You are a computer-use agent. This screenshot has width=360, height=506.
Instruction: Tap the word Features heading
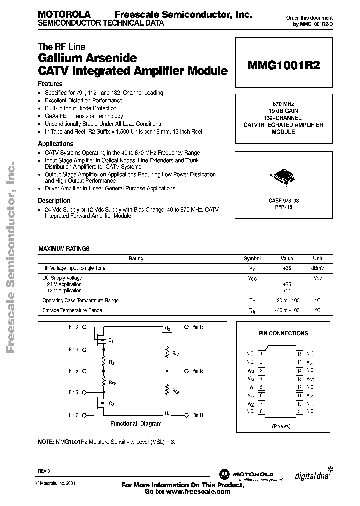tap(50, 84)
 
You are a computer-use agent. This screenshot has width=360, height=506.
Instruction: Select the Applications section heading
tap(56, 144)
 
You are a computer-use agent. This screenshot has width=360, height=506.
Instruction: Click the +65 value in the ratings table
tap(287, 268)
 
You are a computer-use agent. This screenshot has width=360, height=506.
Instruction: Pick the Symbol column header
tap(252, 259)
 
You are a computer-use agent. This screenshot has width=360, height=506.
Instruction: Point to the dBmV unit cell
tap(317, 268)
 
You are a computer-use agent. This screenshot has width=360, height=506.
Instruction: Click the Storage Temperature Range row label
tap(72, 310)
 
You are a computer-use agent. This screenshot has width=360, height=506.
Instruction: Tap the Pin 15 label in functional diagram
tap(197, 327)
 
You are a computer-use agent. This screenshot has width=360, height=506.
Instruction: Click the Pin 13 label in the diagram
tap(197, 371)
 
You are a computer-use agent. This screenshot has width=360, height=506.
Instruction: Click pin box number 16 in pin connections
tap(300, 354)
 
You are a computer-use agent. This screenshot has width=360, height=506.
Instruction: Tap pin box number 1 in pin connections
tap(261, 354)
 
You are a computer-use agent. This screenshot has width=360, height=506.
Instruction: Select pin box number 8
tap(261, 411)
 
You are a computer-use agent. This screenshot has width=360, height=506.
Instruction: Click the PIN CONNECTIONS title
tap(283, 333)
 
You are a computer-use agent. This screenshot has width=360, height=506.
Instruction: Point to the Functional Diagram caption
tap(136, 424)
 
